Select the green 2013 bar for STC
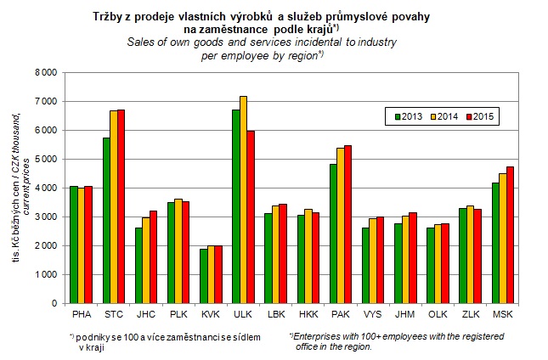click(x=107, y=220)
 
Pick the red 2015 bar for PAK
click(x=370, y=224)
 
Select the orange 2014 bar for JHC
click(x=146, y=260)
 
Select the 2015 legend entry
click(x=482, y=115)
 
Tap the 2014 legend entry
click(x=445, y=115)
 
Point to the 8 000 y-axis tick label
click(x=45, y=73)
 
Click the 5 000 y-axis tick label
click(x=45, y=160)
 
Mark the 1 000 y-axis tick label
click(x=45, y=274)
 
